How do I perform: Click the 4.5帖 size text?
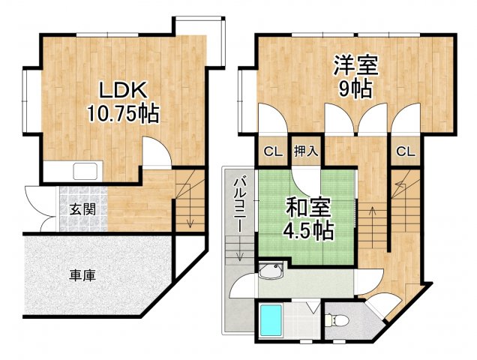tap(307, 230)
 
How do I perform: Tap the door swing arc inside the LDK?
tap(155, 152)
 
